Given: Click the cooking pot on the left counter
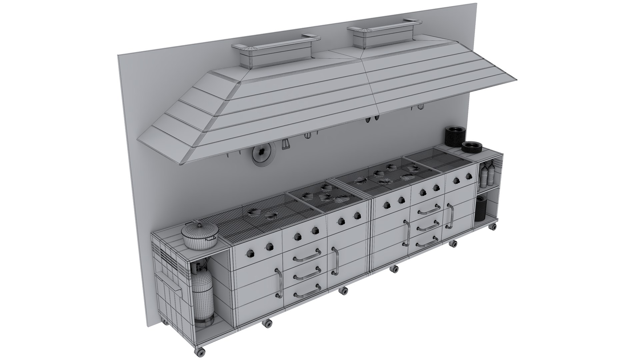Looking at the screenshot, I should (x=200, y=236).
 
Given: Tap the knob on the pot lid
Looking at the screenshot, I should (x=199, y=224).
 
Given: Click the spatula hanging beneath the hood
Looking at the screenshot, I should (x=285, y=144).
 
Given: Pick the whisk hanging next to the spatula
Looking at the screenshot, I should (x=308, y=136).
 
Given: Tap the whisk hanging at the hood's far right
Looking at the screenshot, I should (x=421, y=107).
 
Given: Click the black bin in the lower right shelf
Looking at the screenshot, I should (x=481, y=208).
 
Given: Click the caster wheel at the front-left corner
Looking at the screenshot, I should (x=200, y=352).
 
